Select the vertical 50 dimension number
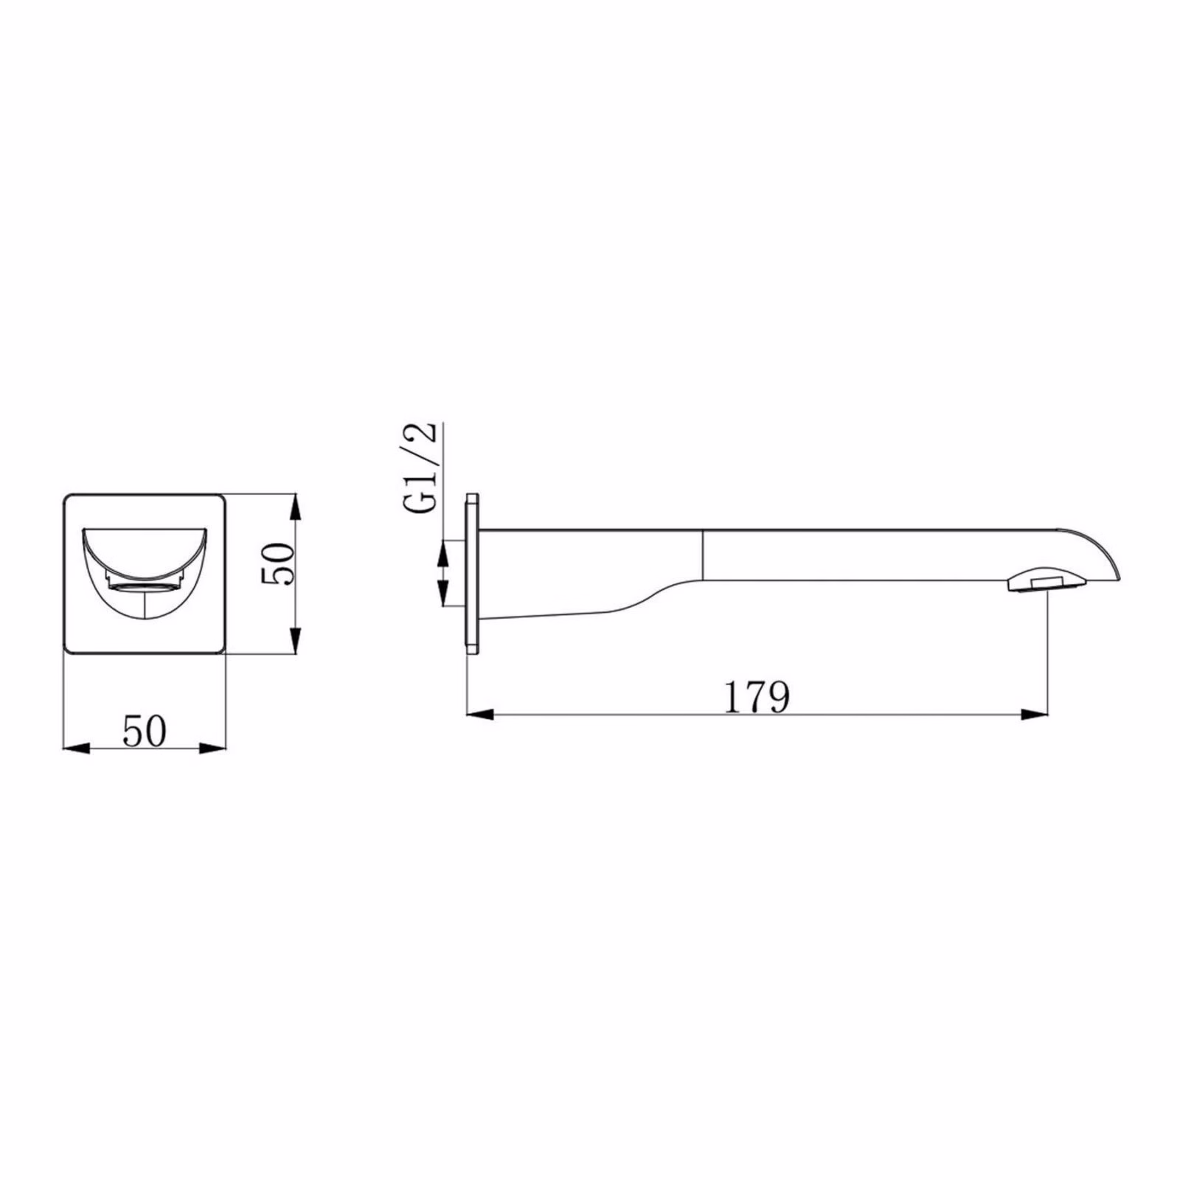tap(279, 563)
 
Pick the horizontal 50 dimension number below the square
tap(145, 731)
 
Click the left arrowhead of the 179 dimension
tap(480, 713)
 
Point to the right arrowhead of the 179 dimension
tap(1034, 713)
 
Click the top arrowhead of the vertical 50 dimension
tap(295, 508)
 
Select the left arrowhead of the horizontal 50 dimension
tap(77, 748)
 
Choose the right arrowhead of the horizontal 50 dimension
tap(212, 748)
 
